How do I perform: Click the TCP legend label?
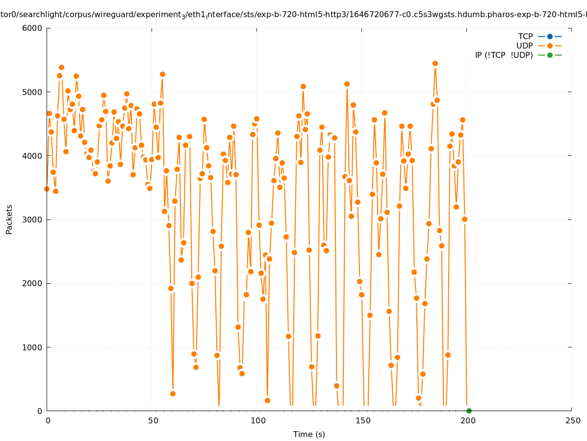(x=525, y=36)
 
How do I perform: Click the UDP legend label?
(x=524, y=46)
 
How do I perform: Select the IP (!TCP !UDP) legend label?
(x=504, y=55)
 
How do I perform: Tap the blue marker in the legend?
(x=550, y=36)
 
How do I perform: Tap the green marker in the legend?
(x=550, y=55)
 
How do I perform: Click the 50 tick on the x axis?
(x=153, y=420)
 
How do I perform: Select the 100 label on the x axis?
(x=258, y=420)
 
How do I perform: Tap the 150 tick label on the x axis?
(x=363, y=420)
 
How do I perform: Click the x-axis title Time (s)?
(x=309, y=434)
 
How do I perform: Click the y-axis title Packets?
(x=9, y=220)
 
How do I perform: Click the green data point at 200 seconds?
(x=469, y=411)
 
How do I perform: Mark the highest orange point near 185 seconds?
(x=435, y=63)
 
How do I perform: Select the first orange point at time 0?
(x=47, y=189)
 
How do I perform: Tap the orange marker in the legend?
(x=550, y=46)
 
